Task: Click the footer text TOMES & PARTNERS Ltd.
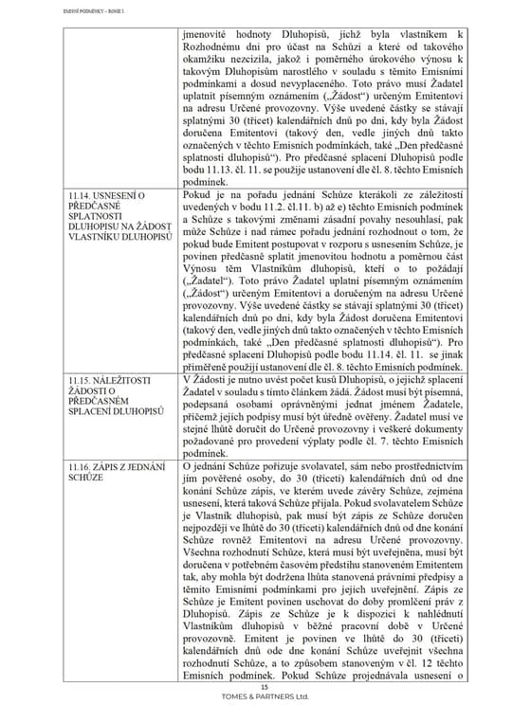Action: pyautogui.click(x=265, y=696)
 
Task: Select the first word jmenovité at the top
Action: pyautogui.click(x=207, y=35)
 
